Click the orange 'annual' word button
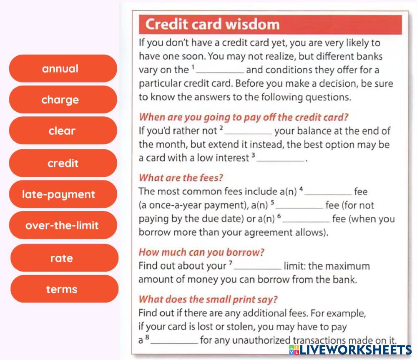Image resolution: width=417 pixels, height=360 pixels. pos(63,68)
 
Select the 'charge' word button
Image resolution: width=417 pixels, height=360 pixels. pos(63,100)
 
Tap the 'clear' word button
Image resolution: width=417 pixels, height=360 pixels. pos(63,131)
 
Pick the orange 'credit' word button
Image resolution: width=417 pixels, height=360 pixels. pos(63,163)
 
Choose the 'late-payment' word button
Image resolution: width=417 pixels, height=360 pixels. pos(63,194)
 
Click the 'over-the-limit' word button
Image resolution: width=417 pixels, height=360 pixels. pos(63,225)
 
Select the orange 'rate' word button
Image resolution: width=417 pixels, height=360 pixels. pos(64,258)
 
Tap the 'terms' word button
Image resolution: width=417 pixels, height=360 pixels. pos(64,289)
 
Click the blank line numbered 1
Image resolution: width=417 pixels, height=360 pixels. pos(220,72)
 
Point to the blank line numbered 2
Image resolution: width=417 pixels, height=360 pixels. pos(248,133)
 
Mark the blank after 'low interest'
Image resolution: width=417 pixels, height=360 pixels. pos(280,161)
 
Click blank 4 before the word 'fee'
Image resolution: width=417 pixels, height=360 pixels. pos(328,194)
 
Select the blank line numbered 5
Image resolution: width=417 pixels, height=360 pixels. pos(299,208)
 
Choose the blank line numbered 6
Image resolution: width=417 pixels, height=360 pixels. pos(306,222)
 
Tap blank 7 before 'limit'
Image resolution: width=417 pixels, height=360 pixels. pos(257,269)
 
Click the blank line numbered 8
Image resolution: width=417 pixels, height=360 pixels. pos(174,343)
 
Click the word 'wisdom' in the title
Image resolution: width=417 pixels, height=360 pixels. pos(253,24)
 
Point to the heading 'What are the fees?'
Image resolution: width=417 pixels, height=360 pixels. pos(181,177)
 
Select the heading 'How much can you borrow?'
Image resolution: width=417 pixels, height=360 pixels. pos(201,252)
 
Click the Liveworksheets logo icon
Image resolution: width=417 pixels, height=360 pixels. pos(294,350)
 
